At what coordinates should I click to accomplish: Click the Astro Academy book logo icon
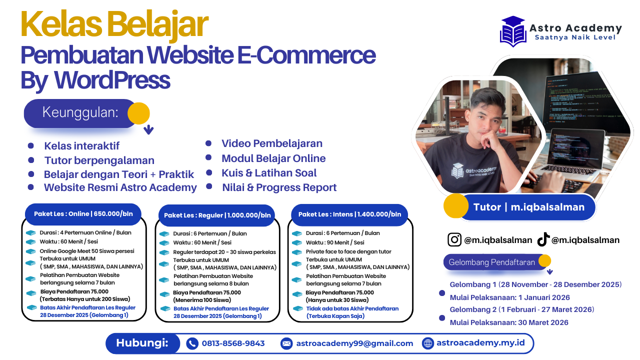pos(513,31)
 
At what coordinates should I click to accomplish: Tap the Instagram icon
pos(454,239)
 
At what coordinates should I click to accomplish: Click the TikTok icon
pos(543,240)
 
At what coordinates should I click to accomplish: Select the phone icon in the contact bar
pos(192,343)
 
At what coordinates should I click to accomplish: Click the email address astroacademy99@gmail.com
pos(354,343)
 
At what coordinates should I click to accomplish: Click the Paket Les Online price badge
pos(83,213)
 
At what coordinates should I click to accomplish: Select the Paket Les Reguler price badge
pos(217,215)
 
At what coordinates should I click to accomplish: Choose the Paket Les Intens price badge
pos(349,214)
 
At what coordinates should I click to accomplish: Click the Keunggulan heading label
pos(80,112)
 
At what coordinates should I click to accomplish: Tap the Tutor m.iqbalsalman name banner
pos(528,207)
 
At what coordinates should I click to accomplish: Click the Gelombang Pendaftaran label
pos(492,262)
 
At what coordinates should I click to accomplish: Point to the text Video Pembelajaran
pos(272,143)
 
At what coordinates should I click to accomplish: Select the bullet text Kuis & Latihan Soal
pos(269,173)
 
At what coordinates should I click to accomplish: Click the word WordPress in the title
pos(112,80)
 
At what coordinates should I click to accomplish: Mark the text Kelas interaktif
pos(82,146)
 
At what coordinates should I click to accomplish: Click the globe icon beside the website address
pos(428,343)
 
